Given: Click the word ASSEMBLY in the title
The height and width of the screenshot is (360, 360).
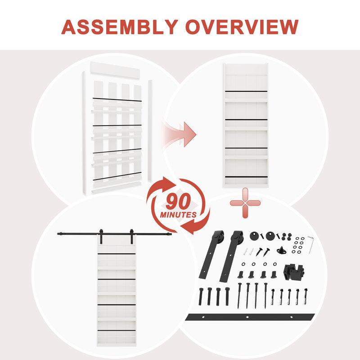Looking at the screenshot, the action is coord(120,27).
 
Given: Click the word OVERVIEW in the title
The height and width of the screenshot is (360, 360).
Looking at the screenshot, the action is coord(242,27).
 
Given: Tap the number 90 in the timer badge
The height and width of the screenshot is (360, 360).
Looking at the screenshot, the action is coord(178,201).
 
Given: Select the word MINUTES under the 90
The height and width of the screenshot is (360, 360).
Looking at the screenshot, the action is coord(178,215).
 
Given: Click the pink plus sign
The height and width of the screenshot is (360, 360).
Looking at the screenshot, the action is coord(245,203).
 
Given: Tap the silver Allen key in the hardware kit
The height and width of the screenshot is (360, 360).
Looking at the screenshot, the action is coord(310,244).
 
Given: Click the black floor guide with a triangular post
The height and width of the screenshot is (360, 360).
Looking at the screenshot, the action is coord(282,250).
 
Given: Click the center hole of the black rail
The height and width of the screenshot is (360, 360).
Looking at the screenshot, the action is coord(247,317).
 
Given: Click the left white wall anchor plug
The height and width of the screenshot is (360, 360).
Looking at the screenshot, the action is coord(245,252).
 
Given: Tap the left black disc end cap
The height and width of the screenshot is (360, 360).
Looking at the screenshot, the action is coord(254,236).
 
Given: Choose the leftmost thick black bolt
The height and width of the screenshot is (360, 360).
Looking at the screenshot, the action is coord(201,297).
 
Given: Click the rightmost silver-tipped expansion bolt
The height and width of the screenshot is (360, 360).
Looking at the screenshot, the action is coord(306,296).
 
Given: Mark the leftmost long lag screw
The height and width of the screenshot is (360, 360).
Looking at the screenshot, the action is coord(239,296).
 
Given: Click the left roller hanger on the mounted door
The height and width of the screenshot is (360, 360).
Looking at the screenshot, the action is coord(101,236).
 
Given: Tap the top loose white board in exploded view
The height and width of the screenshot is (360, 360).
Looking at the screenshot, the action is coord(115,70).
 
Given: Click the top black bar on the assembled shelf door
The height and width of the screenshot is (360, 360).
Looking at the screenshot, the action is coord(246,91).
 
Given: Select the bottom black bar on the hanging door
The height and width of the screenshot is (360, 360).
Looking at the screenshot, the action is coord(117,330).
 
